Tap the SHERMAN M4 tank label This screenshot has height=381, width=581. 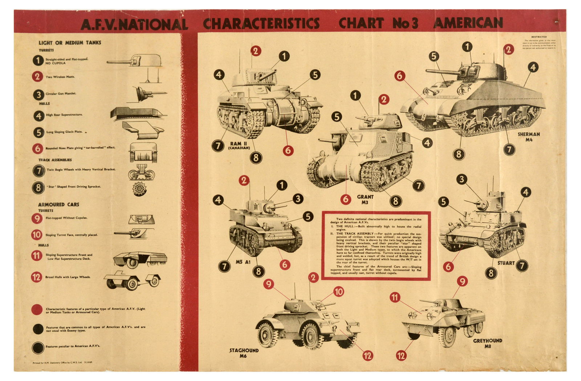pyautogui.click(x=528, y=137)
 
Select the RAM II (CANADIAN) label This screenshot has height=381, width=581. pyautogui.click(x=239, y=146)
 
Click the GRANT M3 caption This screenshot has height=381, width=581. pyautogui.click(x=365, y=199)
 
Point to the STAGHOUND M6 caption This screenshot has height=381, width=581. pyautogui.click(x=244, y=353)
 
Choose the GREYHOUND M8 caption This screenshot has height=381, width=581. pyautogui.click(x=488, y=343)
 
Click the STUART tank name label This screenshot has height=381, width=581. pyautogui.click(x=505, y=263)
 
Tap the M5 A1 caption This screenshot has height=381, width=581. pyautogui.click(x=243, y=262)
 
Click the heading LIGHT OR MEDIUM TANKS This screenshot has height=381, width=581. pyautogui.click(x=70, y=42)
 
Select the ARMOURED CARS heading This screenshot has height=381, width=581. pyautogui.click(x=58, y=204)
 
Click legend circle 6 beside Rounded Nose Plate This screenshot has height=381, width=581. pyautogui.click(x=38, y=148)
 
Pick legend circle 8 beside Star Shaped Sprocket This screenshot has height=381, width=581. pyautogui.click(x=38, y=187)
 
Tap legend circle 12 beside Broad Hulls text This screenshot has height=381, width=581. pyautogui.click(x=37, y=277)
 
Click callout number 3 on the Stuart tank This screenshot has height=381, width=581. pyautogui.click(x=462, y=179)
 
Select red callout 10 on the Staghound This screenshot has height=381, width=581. pyautogui.click(x=338, y=291)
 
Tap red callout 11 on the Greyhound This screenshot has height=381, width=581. pyautogui.click(x=395, y=298)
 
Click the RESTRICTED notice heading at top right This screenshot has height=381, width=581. pyautogui.click(x=539, y=37)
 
